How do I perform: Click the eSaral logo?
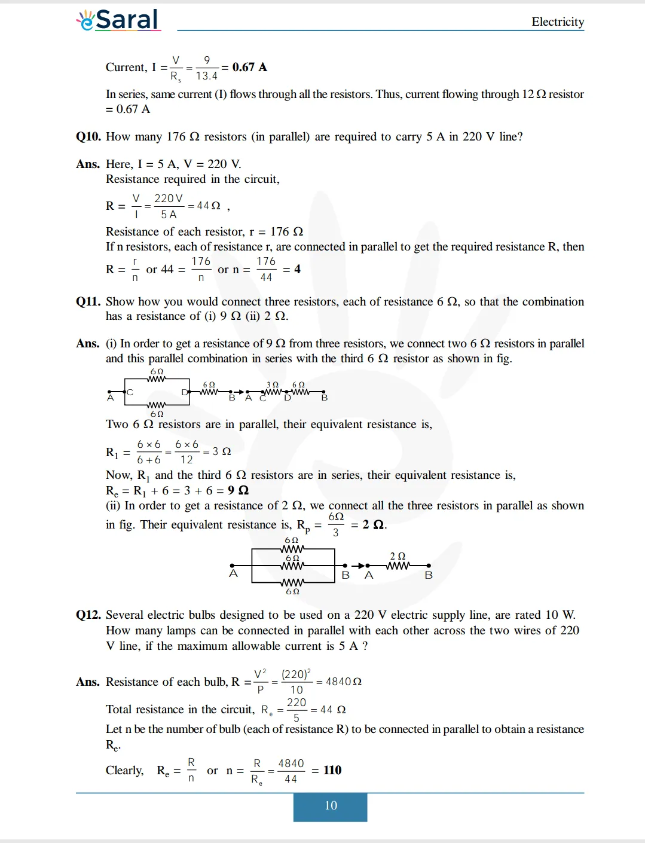click(118, 20)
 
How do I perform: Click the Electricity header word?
click(557, 22)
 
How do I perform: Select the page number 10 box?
click(330, 805)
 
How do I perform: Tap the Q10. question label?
click(88, 136)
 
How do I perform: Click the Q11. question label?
click(88, 301)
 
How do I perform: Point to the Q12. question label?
click(88, 615)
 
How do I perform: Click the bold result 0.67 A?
click(249, 67)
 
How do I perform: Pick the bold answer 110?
click(332, 770)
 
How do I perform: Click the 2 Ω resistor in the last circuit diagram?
click(398, 565)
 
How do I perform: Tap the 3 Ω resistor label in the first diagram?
click(272, 385)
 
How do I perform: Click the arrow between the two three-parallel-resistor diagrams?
click(357, 565)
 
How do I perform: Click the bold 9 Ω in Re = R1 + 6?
click(238, 490)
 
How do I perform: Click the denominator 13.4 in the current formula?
click(206, 76)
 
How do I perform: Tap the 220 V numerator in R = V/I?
click(168, 198)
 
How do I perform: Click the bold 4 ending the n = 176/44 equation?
click(297, 269)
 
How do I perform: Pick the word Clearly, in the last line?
click(124, 770)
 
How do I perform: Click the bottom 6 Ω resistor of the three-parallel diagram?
click(292, 582)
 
